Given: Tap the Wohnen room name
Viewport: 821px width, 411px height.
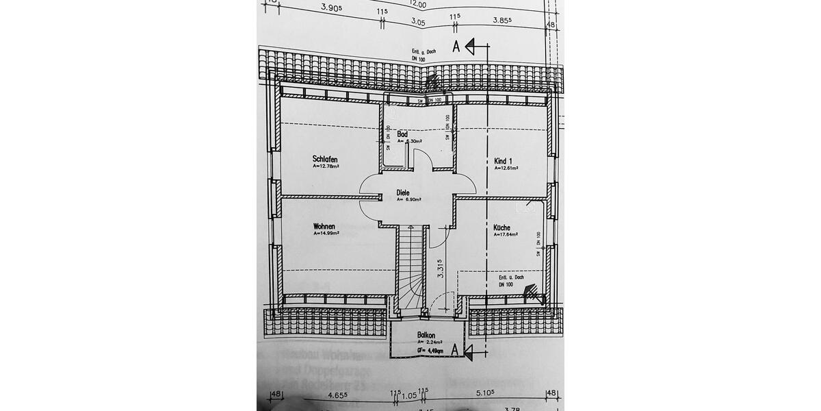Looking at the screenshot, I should coord(324,226).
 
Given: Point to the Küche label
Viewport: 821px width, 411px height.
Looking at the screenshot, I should coord(502,227).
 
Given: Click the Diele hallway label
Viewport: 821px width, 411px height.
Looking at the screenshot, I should coord(403,192).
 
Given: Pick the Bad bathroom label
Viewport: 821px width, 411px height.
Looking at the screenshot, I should coord(402,134).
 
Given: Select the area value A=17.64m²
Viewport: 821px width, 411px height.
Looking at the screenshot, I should coord(506,235).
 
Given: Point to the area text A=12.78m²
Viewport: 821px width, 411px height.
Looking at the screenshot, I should coord(326,166).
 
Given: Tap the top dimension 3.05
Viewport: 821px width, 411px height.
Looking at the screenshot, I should coord(417,23).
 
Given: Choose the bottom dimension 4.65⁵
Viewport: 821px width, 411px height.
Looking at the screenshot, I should coord(339,395).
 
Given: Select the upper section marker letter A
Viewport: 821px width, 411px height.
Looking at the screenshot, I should coord(456,46).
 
